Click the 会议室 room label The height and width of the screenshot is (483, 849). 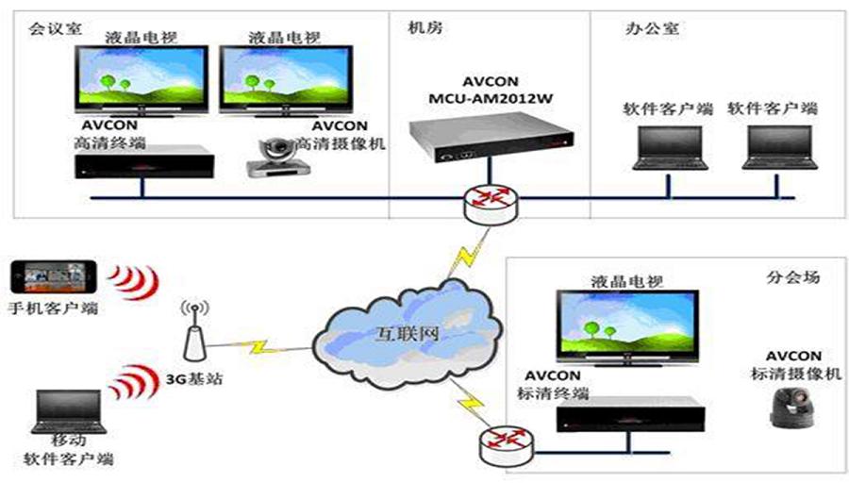click(56, 28)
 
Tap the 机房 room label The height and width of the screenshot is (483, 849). click(425, 27)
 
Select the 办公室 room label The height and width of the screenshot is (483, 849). click(653, 28)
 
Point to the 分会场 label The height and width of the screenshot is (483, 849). click(792, 277)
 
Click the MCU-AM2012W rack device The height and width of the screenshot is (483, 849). click(491, 138)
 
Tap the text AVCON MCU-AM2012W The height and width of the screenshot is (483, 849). click(491, 91)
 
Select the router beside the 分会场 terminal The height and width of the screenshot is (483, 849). click(507, 445)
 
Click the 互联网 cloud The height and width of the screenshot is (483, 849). click(407, 334)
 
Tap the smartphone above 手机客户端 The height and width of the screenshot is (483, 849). click(54, 276)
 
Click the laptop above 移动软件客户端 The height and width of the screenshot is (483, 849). click(68, 411)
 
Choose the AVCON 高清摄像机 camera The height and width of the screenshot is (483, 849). click(277, 157)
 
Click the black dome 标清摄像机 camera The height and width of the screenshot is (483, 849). click(792, 408)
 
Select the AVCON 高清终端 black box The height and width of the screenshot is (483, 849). click(144, 162)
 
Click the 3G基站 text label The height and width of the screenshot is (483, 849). click(194, 378)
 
